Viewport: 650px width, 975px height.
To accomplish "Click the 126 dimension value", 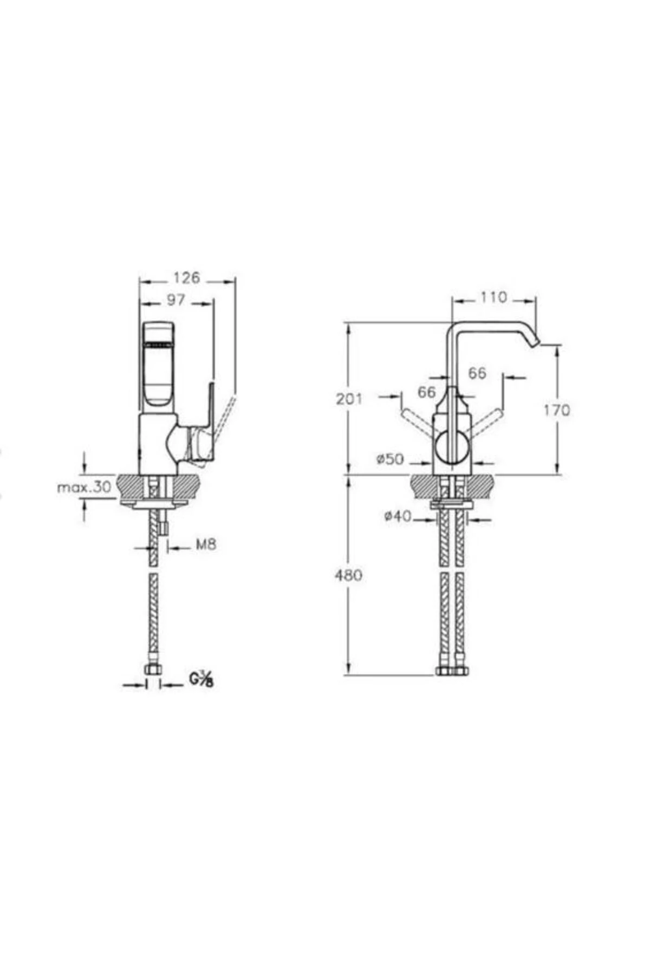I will point(186,278).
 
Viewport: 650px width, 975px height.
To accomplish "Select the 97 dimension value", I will point(175,300).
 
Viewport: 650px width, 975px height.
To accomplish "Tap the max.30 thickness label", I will point(84,486).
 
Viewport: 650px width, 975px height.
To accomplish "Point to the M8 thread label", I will point(205,544).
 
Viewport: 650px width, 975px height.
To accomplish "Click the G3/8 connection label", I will point(201,679).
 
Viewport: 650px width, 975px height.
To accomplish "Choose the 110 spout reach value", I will point(493,297).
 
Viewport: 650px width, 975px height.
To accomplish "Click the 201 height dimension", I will point(349,399).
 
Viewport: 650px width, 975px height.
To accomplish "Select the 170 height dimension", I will point(557,410).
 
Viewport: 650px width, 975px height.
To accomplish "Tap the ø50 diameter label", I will point(391,459).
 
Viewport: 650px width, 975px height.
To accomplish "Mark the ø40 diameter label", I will point(398,516).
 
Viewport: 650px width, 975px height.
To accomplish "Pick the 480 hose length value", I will point(349,575).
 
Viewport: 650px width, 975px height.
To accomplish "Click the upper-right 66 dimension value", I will point(477,373).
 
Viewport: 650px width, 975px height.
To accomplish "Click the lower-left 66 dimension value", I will point(427,392).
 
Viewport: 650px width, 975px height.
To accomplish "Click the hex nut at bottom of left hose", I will point(154,670).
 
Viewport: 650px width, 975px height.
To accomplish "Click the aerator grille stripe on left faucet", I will point(158,343).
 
